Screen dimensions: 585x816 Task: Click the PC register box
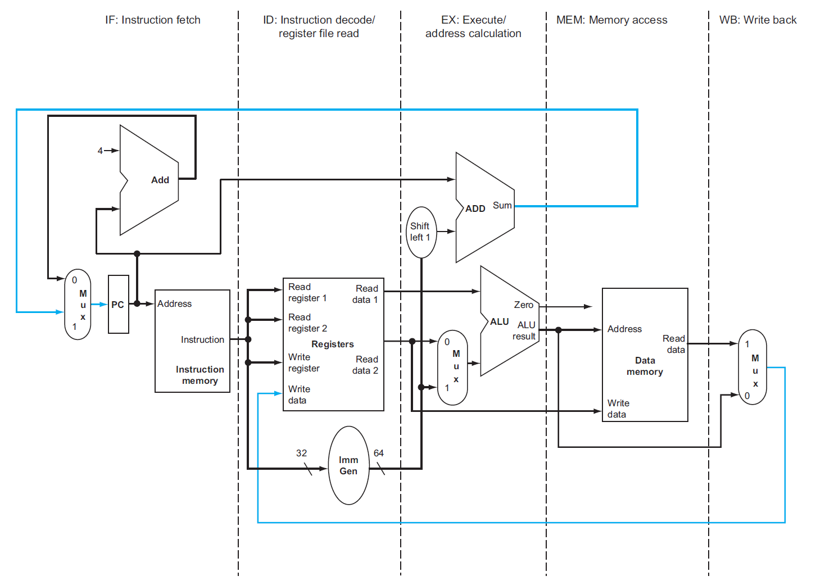[118, 305]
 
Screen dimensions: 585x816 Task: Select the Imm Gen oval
[348, 465]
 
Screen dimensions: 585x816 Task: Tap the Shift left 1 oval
[420, 232]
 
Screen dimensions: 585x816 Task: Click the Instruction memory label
[200, 375]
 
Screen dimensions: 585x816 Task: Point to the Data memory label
[645, 366]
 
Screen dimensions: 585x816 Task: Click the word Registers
[333, 344]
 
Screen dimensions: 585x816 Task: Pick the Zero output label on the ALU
[523, 305]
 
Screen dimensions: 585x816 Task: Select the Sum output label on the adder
[502, 205]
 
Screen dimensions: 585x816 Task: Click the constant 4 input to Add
[100, 151]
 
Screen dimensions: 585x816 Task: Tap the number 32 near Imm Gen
[302, 453]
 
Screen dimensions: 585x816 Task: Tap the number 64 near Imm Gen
[379, 453]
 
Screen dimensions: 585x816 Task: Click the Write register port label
[303, 362]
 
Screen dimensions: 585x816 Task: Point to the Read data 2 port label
[365, 365]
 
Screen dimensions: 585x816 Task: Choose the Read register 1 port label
[307, 292]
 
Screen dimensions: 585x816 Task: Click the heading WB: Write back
[758, 20]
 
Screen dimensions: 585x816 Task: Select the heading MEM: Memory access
[611, 20]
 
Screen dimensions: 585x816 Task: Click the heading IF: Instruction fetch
[152, 20]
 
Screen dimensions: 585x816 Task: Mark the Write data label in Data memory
[618, 409]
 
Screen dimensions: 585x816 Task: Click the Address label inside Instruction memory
[174, 303]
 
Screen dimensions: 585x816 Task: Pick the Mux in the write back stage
[752, 367]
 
